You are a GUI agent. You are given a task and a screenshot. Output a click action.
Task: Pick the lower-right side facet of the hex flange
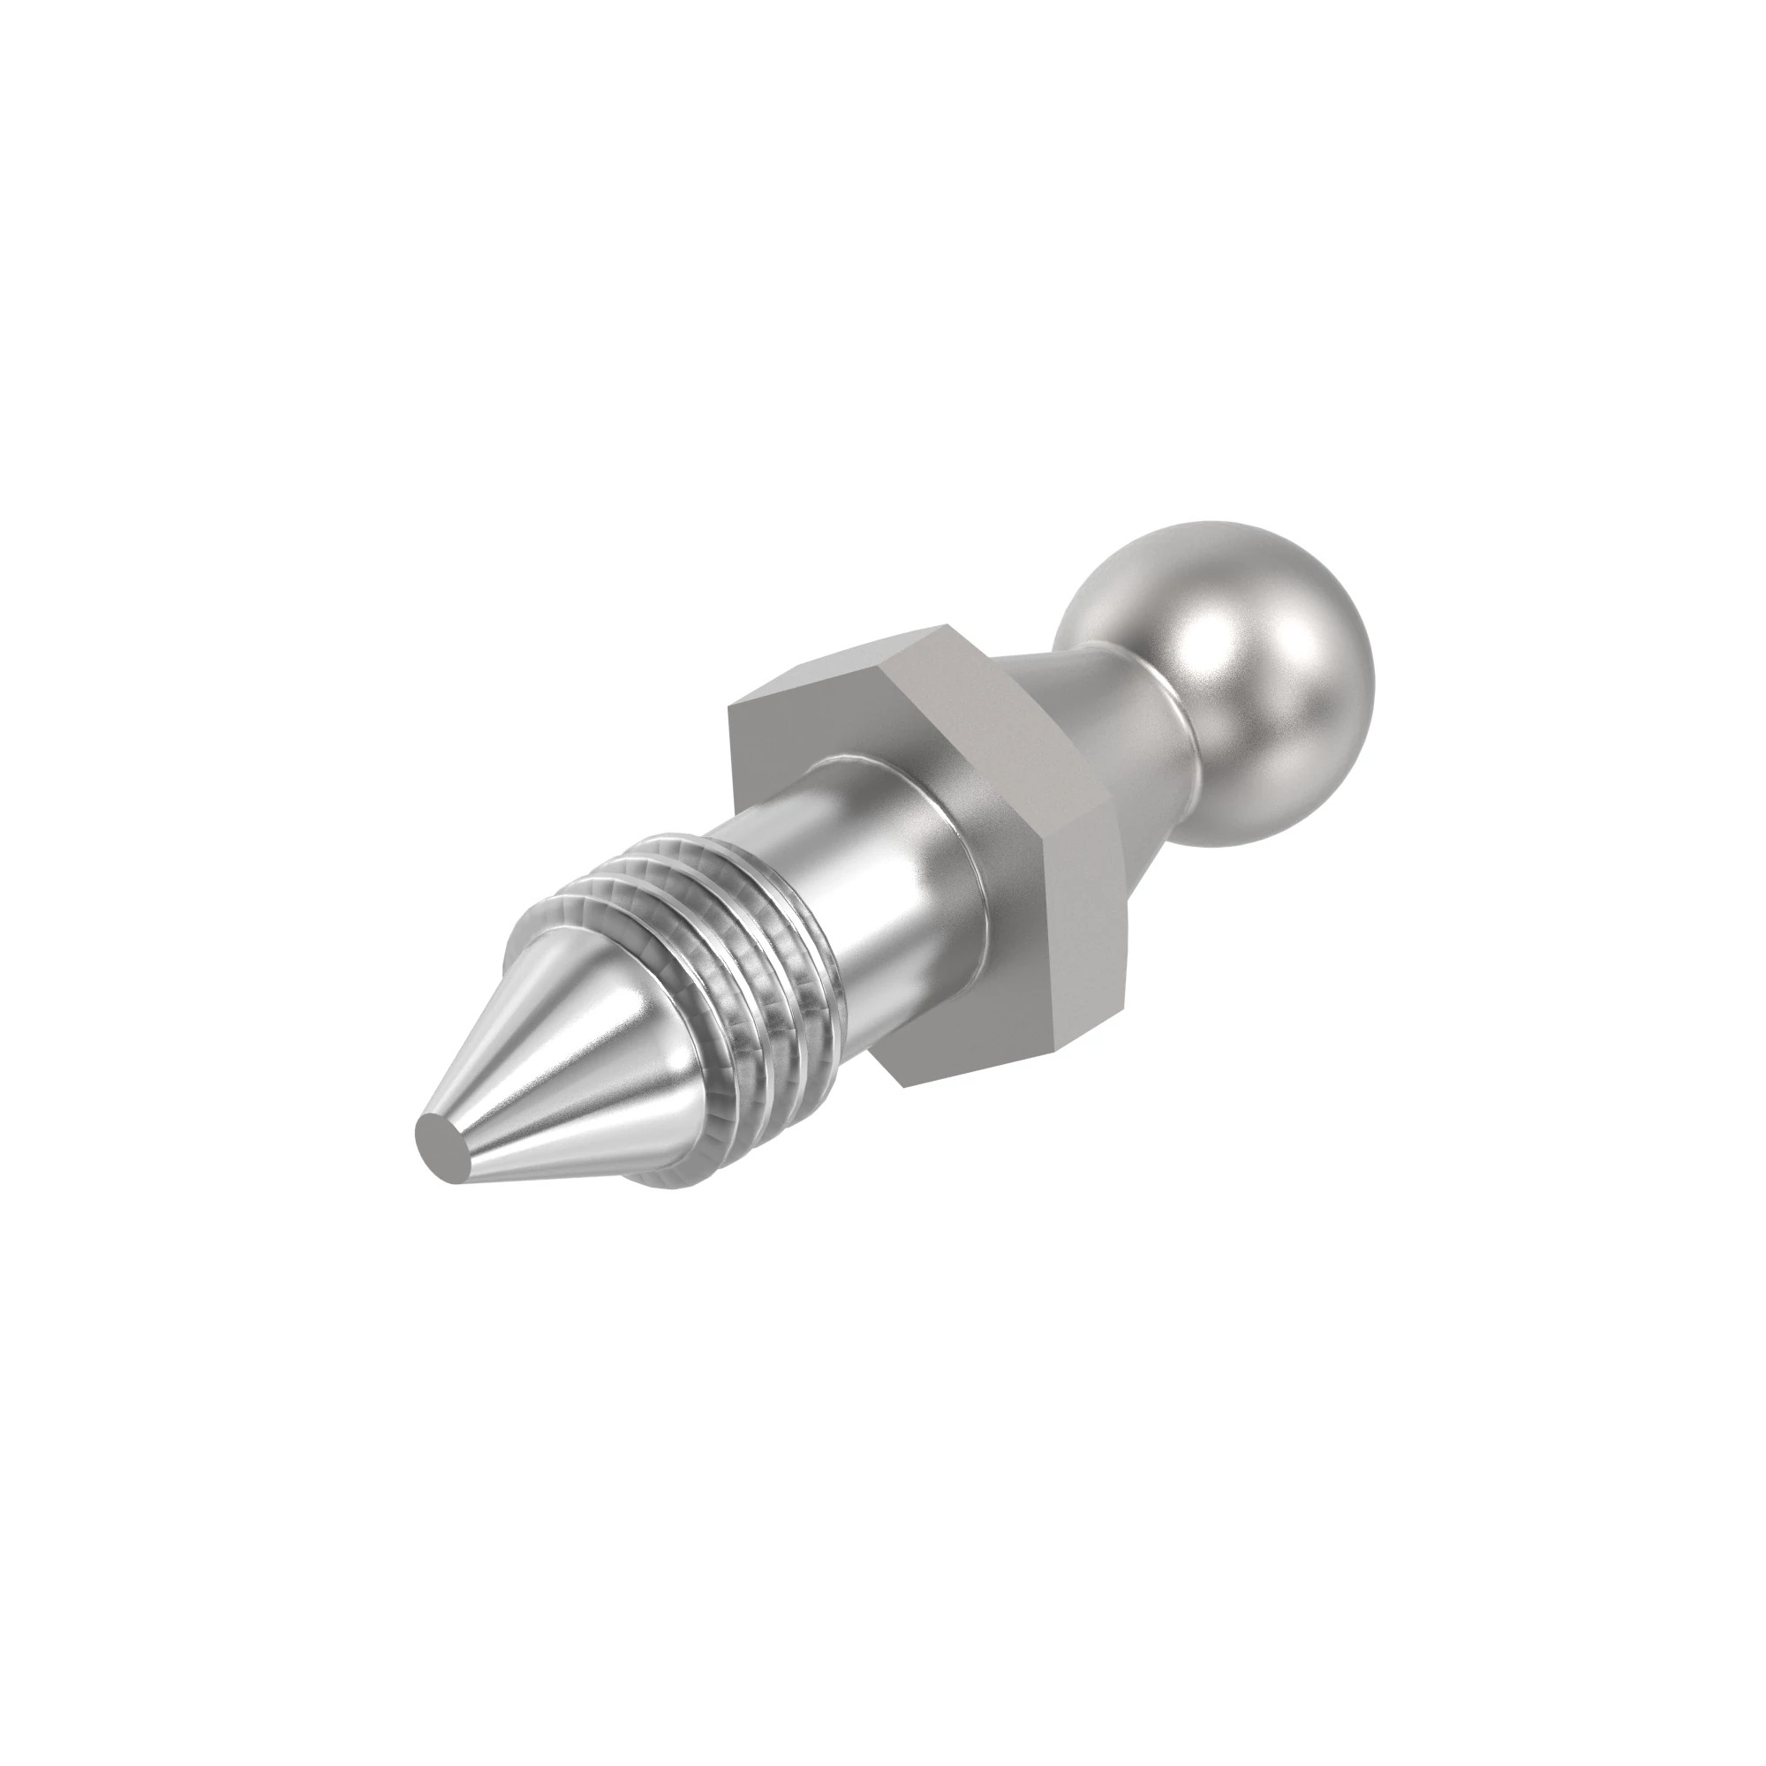[x=1088, y=924]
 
